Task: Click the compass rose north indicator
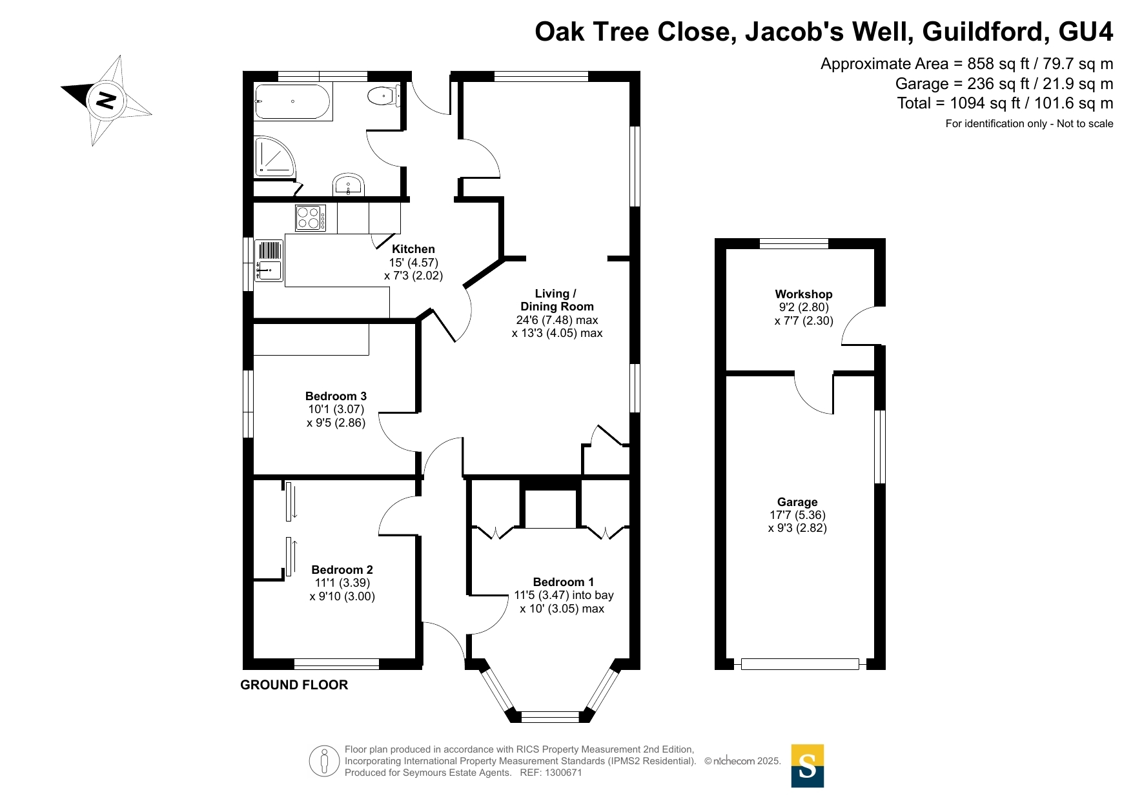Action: [107, 100]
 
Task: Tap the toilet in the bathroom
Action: [383, 97]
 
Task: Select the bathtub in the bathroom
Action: [292, 101]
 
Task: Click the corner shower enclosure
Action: [274, 156]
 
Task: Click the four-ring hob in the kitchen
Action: [311, 218]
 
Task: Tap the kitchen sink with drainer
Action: [269, 260]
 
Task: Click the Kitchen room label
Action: [413, 249]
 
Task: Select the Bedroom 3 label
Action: [336, 396]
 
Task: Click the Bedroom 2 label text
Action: [342, 570]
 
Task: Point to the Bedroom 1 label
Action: [564, 582]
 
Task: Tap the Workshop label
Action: [804, 294]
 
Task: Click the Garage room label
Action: [797, 502]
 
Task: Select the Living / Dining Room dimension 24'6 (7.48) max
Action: [557, 320]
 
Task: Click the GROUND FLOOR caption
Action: [294, 685]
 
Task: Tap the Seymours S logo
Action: [808, 766]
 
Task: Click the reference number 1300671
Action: [564, 773]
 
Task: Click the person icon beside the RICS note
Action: [324, 761]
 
